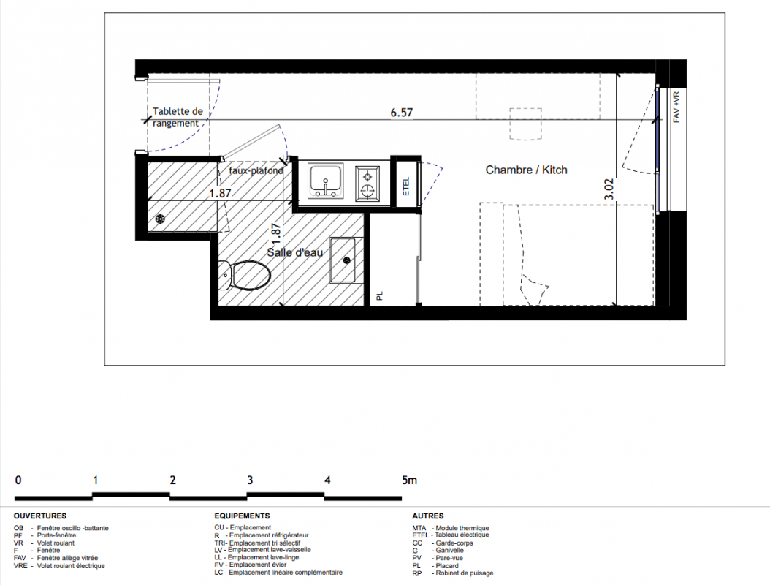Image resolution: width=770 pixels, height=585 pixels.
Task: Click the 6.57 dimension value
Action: [x=401, y=113]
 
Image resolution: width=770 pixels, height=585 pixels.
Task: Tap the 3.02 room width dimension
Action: [x=609, y=189]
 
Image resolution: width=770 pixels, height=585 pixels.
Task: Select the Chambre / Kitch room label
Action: [x=527, y=170]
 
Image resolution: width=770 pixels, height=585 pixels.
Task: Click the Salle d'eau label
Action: [x=294, y=252]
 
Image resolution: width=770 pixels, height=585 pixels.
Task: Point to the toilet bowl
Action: [x=245, y=275]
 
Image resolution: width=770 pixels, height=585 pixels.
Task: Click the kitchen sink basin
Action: [x=325, y=181]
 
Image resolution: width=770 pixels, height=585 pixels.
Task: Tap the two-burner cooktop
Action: [x=367, y=183]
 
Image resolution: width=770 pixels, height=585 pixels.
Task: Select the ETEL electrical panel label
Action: [x=406, y=186]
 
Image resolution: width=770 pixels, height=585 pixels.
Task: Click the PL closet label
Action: [x=380, y=296]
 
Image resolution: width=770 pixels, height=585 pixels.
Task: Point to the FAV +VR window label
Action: [x=676, y=107]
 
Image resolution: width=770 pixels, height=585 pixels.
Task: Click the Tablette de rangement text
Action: [x=178, y=117]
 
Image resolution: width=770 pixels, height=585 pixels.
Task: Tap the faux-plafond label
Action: [x=256, y=170]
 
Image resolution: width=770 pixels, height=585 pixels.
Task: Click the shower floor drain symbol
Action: [x=160, y=219]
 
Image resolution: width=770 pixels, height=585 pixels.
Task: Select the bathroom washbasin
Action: [x=346, y=260]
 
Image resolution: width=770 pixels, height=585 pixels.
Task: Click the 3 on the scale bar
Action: [x=250, y=480]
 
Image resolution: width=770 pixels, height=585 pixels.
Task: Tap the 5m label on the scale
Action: [x=410, y=480]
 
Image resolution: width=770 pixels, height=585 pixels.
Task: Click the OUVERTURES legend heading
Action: [x=40, y=516]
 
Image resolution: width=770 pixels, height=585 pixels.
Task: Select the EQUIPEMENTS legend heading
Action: [x=242, y=516]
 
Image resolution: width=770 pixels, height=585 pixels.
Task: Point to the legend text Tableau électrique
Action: [x=462, y=535]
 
